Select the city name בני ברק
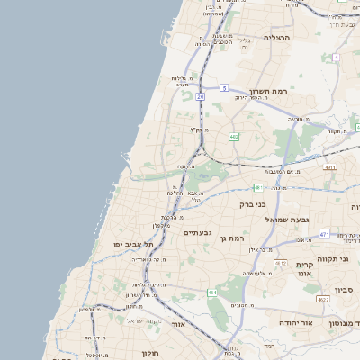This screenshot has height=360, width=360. (x=253, y=204)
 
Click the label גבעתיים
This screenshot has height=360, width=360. (x=197, y=232)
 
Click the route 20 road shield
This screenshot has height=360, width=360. (x=200, y=95)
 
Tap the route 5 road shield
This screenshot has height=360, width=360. (x=223, y=88)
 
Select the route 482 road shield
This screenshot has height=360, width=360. (x=234, y=137)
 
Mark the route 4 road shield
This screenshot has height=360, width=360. (x=336, y=57)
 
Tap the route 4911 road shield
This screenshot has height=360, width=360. (x=330, y=167)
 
